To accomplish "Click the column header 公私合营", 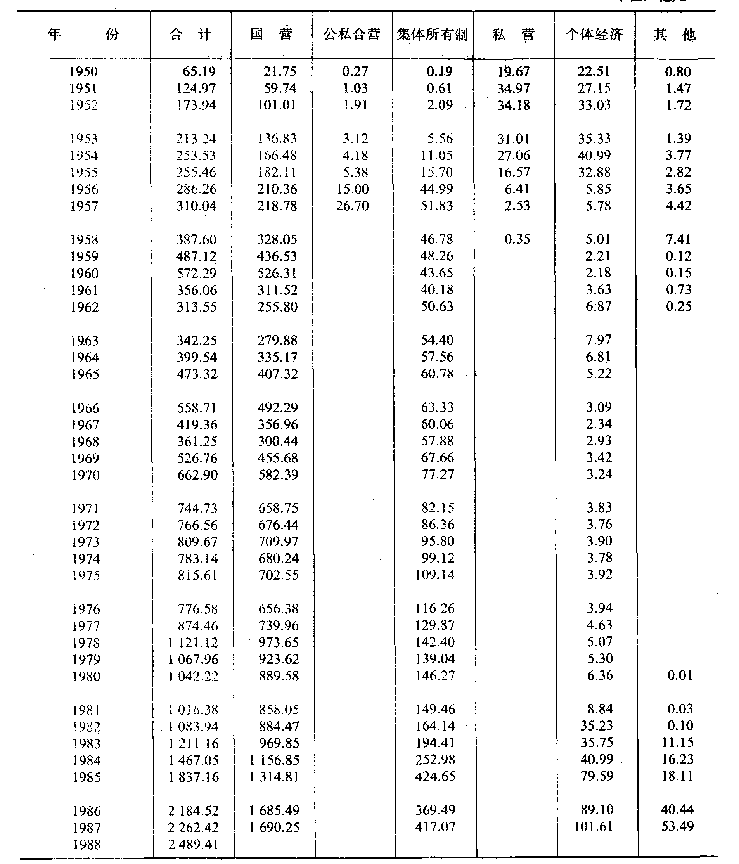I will [351, 34].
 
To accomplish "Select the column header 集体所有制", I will [433, 34].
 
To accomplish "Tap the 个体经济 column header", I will [594, 34].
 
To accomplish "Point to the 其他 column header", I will [674, 34].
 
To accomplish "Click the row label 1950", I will [83, 72].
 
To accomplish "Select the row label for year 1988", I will [87, 844].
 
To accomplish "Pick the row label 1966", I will [85, 408].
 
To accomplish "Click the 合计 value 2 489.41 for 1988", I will [194, 844].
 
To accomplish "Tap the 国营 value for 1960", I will [277, 273].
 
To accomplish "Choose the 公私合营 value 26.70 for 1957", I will [352, 206].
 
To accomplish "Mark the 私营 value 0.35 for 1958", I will [517, 239].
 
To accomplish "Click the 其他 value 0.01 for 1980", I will [680, 675].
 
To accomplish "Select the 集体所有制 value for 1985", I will [435, 776].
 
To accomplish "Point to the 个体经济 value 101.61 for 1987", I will [594, 826].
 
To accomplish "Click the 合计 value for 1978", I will [193, 642].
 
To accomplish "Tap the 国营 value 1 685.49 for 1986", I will [274, 810].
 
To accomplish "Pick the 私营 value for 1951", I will [513, 88].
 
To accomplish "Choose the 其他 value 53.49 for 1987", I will [677, 826].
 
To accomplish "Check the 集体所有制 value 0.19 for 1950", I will [439, 71].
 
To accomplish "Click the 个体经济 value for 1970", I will [599, 474].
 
